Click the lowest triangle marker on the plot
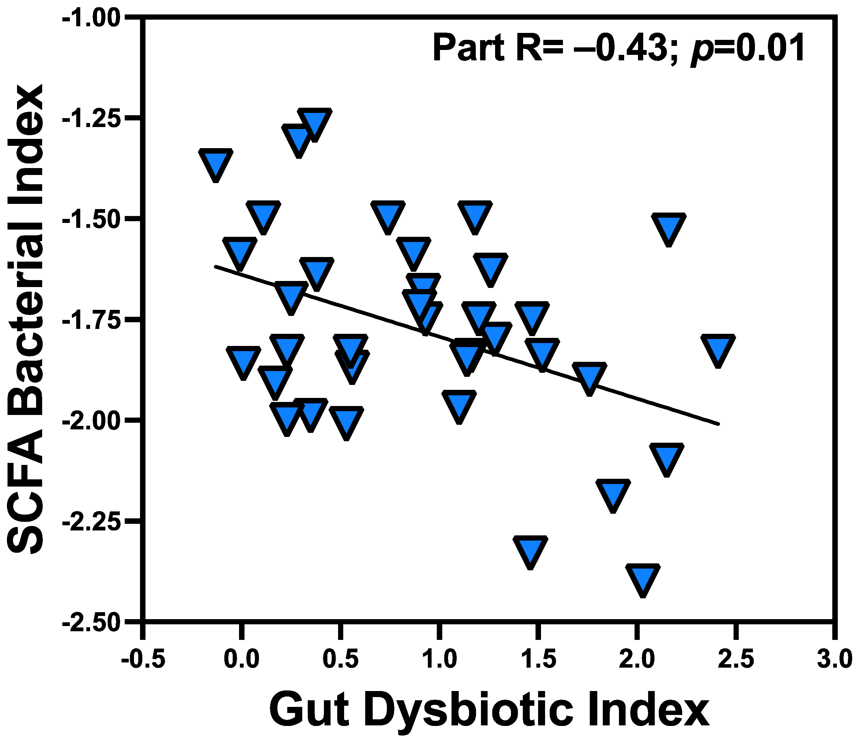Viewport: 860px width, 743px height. pyautogui.click(x=643, y=578)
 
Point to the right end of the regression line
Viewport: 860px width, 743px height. pyautogui.click(x=719, y=424)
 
